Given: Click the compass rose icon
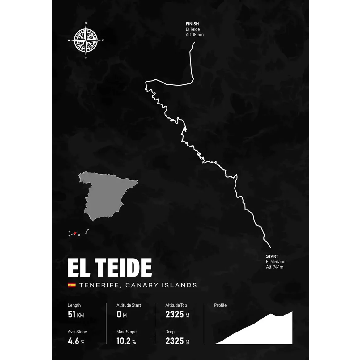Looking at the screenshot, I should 86,40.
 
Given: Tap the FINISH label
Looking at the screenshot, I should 192,24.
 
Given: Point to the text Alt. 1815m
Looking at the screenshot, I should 195,35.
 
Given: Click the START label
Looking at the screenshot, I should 272,256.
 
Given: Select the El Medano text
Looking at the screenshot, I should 276,262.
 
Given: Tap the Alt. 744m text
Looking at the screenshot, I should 275,267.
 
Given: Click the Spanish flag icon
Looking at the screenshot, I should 72,285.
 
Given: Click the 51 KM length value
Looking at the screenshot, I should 76,315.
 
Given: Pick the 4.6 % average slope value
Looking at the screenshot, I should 76,341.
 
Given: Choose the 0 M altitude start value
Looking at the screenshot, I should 121,315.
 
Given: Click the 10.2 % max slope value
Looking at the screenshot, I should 126,341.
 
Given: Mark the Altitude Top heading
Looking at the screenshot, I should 176,305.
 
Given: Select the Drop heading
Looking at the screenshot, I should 170,332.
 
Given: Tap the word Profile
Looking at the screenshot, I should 220,305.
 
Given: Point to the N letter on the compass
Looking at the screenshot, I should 86,23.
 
